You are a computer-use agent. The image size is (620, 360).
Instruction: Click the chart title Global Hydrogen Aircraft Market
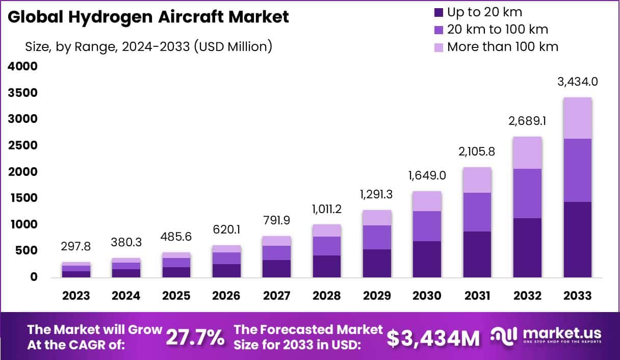point(148,17)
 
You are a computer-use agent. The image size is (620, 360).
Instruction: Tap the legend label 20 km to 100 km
point(498,30)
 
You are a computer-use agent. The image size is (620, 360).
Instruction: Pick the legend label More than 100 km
point(503,47)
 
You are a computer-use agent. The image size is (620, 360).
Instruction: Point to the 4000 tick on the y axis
point(22,66)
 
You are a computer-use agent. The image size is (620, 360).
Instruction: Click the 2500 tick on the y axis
point(22,145)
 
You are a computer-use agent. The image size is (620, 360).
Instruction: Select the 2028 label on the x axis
point(327,296)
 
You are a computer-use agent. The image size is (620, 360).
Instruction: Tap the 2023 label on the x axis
point(76,296)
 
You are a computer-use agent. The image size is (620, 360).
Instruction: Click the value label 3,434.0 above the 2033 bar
point(578,82)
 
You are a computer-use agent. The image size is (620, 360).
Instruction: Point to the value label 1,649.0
point(427,176)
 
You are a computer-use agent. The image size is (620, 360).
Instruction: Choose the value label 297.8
point(76,247)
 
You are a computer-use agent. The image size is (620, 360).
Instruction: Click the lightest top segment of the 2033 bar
point(578,118)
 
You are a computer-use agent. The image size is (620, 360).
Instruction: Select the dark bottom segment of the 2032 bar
point(528,248)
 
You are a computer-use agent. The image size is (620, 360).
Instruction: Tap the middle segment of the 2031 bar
point(477,212)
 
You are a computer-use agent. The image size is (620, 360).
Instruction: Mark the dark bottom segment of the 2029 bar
point(377,263)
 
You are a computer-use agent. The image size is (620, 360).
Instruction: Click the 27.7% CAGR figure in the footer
point(195,337)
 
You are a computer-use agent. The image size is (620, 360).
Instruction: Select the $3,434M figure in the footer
point(433,338)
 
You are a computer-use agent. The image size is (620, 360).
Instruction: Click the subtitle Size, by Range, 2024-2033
point(148,47)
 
